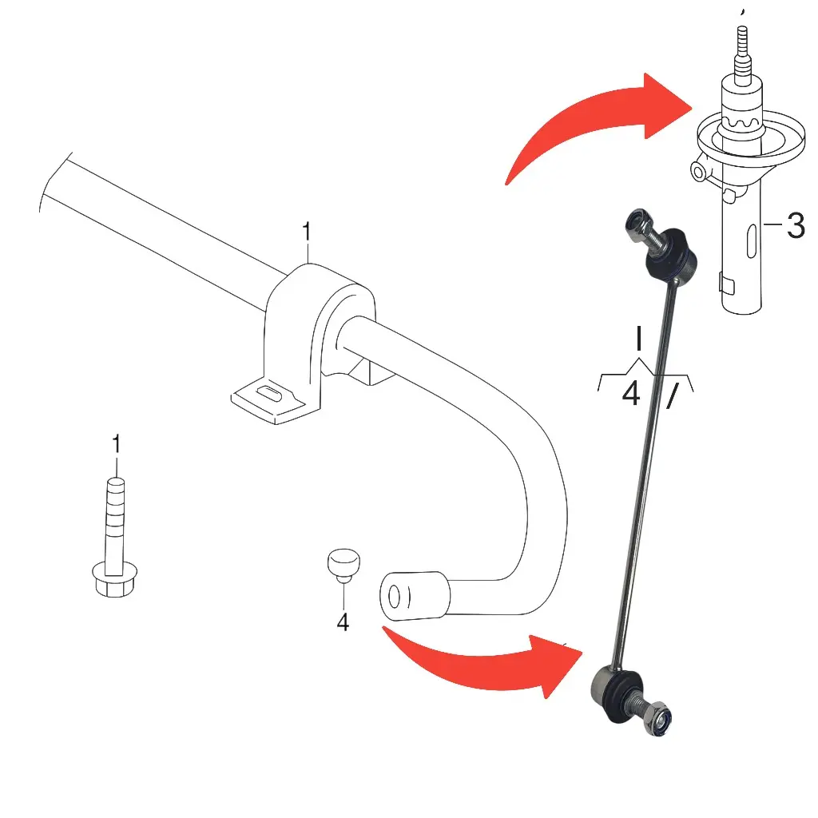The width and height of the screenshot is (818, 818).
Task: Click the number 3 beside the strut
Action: (796, 225)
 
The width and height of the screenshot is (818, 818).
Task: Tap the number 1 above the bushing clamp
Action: (307, 232)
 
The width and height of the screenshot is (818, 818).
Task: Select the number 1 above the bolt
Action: (117, 444)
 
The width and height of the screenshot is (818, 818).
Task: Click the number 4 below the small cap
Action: (343, 621)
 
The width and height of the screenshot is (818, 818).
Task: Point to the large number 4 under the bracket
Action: (631, 393)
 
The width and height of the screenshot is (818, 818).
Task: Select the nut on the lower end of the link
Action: (657, 718)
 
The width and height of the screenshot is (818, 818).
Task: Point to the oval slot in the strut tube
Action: (751, 241)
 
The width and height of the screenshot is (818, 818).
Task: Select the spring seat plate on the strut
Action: (751, 137)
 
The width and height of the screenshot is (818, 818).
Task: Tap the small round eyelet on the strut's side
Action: (699, 171)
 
